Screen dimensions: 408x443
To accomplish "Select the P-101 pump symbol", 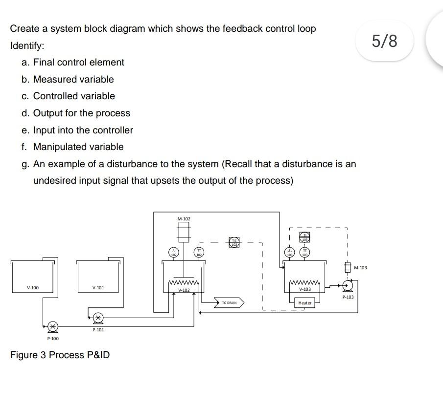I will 98,318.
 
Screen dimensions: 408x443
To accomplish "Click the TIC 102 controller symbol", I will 234,242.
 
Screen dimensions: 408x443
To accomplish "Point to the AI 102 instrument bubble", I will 173,252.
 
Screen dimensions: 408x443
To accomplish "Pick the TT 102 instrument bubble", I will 199,252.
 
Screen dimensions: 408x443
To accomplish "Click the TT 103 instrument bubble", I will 304,252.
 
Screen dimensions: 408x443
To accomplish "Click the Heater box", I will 305,303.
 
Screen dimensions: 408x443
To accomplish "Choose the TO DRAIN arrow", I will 229,303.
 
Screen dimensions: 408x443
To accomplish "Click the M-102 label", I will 184,218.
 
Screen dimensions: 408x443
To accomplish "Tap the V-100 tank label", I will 33,288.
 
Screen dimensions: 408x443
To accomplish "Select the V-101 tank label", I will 98,288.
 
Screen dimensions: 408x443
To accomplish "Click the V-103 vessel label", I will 305,289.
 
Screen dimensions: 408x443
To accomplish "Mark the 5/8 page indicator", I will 385,41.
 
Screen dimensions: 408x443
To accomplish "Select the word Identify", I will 27,45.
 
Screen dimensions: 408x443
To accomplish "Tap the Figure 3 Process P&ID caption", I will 60,355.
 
